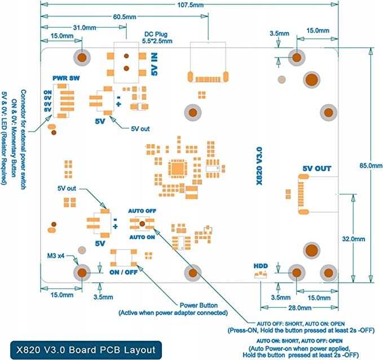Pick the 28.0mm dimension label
tap(299, 308)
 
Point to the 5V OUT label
tap(316, 168)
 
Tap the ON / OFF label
tap(124, 272)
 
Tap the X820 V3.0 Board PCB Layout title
tap(83, 349)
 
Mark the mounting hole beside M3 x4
tap(82, 273)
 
